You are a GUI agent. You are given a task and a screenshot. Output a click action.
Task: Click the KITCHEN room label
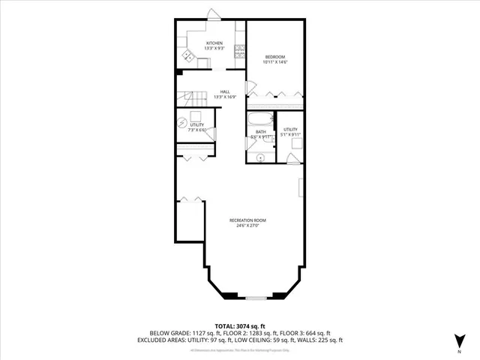click(214, 43)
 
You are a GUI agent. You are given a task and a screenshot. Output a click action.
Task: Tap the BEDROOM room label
click(275, 57)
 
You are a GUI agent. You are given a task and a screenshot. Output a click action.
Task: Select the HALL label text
click(225, 91)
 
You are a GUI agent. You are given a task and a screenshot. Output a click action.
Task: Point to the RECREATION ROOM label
click(247, 220)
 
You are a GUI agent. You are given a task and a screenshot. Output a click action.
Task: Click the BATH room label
click(259, 131)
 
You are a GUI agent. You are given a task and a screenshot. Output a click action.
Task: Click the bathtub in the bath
click(259, 119)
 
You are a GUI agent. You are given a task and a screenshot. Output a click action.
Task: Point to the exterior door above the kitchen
click(214, 15)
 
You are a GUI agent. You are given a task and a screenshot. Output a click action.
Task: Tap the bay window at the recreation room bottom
click(256, 298)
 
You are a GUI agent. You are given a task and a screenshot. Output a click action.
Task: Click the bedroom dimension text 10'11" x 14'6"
click(275, 62)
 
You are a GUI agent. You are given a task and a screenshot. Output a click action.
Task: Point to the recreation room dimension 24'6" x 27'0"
click(247, 225)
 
